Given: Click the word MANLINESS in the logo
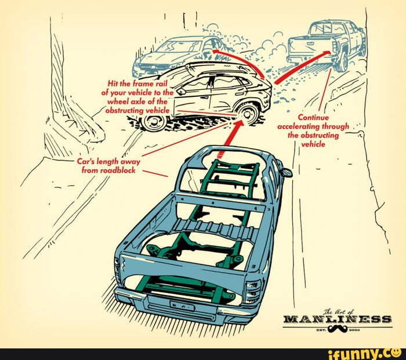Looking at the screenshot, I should point(337,319).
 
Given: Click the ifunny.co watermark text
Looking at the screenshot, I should point(362,351).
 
